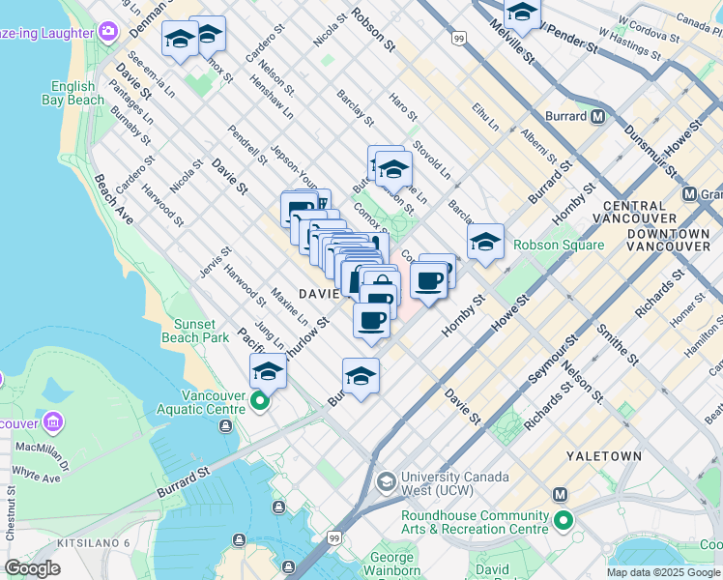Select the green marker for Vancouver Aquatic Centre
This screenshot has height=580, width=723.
259,401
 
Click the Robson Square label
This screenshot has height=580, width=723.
558,245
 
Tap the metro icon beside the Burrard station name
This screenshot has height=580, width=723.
597,117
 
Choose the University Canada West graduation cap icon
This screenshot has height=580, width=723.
386,480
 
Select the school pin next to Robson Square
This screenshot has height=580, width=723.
485,241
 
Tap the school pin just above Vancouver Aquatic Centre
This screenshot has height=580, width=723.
268,370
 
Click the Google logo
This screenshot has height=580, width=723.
33,568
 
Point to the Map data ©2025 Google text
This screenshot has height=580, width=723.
664,572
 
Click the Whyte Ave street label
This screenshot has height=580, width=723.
37,477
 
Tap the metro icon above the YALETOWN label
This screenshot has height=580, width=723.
560,494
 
